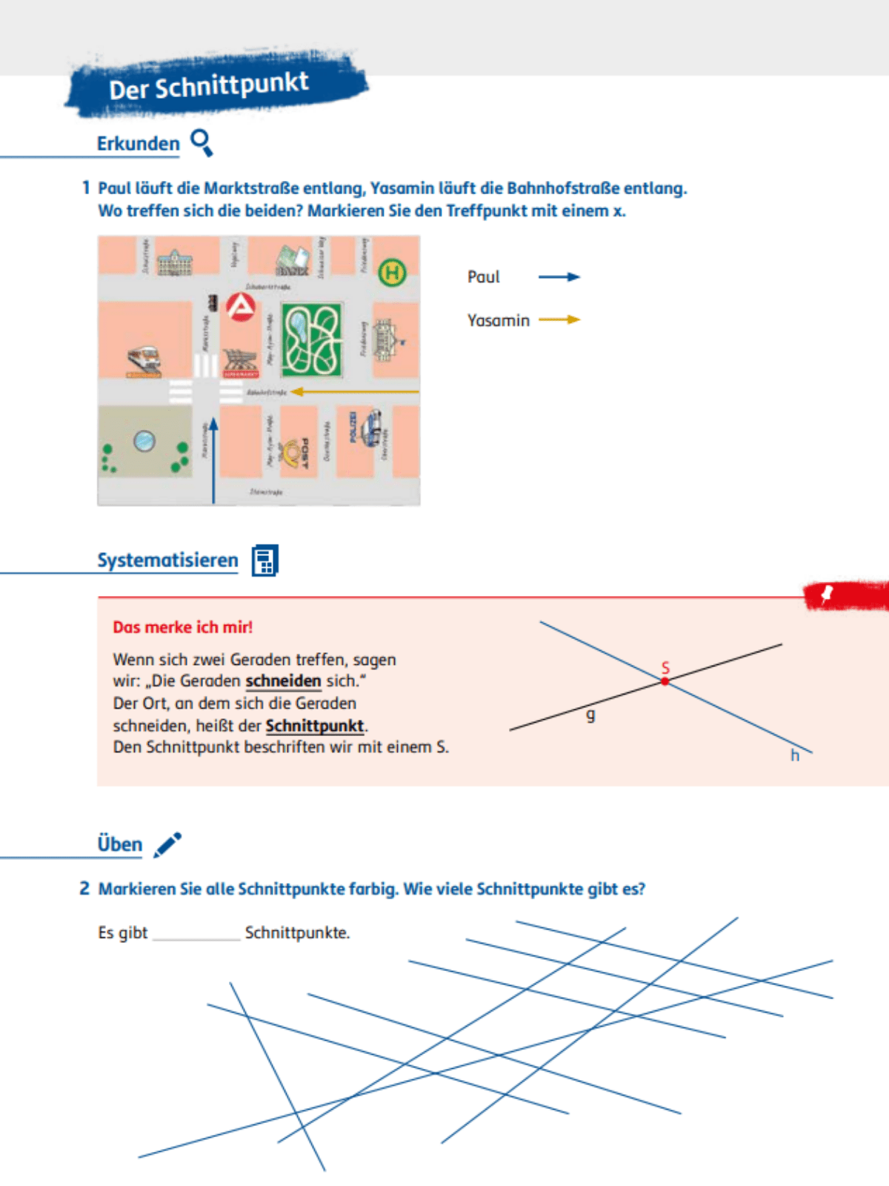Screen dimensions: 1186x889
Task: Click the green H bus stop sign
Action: tap(392, 273)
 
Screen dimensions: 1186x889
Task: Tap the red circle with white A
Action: tap(240, 306)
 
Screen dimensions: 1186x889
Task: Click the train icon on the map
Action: tap(144, 360)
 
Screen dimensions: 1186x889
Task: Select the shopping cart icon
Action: tap(240, 360)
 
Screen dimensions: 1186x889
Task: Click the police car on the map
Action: tap(371, 428)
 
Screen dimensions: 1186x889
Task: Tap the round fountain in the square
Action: tap(144, 441)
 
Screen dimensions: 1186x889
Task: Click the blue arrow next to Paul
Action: tap(559, 276)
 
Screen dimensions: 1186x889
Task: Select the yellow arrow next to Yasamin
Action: tap(559, 319)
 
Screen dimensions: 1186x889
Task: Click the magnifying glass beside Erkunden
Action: tap(202, 142)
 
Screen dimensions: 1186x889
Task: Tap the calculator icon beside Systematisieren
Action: tap(264, 560)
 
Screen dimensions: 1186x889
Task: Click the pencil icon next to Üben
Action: tap(167, 844)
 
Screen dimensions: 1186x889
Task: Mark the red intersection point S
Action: tap(665, 681)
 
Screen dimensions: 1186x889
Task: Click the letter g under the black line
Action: tap(590, 715)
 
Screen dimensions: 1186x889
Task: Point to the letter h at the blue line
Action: tap(794, 755)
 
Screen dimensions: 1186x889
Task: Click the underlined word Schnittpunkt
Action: tap(315, 726)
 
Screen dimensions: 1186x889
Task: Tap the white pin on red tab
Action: tap(827, 593)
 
